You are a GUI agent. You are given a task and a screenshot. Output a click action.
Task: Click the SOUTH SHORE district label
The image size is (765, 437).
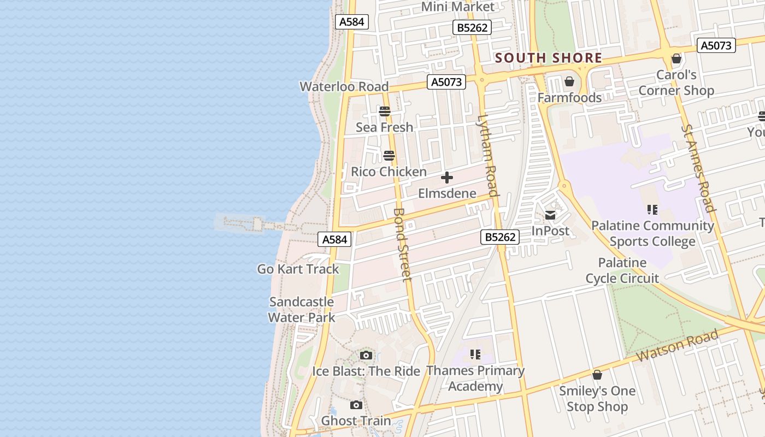[x=548, y=58]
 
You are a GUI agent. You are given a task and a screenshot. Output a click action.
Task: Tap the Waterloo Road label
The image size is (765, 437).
[x=344, y=86]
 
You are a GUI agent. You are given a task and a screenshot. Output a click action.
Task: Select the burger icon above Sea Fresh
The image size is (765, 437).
[x=385, y=111]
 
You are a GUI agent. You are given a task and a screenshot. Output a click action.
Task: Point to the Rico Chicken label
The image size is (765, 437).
[x=389, y=172]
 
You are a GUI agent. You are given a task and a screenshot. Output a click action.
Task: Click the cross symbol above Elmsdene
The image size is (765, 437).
[x=447, y=178]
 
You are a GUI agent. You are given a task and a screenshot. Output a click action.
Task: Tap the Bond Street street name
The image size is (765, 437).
[x=402, y=245]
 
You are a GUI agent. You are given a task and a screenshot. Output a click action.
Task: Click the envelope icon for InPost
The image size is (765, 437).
[x=550, y=215]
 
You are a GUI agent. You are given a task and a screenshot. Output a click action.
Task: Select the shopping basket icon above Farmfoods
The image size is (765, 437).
[x=569, y=82]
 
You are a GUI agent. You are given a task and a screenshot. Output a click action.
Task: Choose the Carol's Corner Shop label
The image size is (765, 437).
[x=676, y=82]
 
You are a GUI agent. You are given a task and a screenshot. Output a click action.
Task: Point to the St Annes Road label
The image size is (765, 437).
[x=698, y=168]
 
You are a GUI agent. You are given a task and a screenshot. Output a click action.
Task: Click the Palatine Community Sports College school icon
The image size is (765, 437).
[x=652, y=210]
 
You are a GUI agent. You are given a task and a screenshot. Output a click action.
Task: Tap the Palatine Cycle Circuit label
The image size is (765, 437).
[x=622, y=270]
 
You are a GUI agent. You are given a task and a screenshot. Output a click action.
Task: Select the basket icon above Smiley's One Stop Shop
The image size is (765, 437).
[x=597, y=375]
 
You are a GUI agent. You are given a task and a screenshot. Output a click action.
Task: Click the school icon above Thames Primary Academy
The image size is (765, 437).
[x=475, y=355]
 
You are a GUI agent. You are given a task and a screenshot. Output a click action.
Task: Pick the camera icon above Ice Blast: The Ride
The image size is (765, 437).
[x=366, y=356]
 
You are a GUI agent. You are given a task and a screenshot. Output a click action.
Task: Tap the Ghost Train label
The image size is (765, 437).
[x=356, y=421]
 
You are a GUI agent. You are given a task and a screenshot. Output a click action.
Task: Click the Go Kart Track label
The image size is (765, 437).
[x=298, y=269]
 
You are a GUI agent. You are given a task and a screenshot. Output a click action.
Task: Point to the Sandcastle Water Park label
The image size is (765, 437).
[x=301, y=310]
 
